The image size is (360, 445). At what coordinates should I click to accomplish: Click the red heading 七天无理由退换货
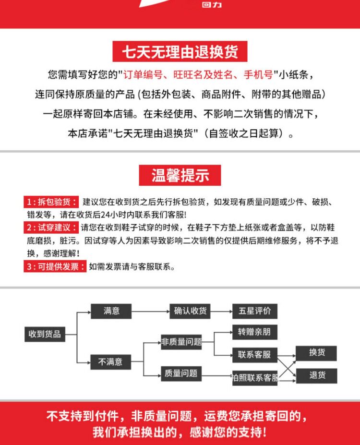(x=180, y=51)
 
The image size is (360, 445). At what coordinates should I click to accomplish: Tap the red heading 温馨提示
(x=180, y=175)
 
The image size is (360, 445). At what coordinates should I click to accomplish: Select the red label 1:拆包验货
(x=52, y=202)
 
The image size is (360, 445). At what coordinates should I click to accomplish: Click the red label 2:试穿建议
(x=52, y=228)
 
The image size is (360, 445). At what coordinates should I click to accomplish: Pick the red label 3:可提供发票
(x=55, y=266)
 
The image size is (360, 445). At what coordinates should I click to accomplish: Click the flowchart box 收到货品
(x=45, y=334)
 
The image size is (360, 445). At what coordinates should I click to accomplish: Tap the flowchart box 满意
(x=111, y=311)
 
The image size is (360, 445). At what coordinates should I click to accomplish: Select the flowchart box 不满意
(x=111, y=361)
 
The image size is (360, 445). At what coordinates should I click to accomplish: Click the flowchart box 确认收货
(x=190, y=311)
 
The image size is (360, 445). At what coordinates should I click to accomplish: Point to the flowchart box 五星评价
(x=255, y=311)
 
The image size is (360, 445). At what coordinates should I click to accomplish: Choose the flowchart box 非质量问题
(x=181, y=342)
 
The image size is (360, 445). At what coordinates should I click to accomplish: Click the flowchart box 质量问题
(x=181, y=373)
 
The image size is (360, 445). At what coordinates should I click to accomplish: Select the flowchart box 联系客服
(x=255, y=355)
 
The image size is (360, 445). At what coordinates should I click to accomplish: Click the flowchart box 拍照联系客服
(x=255, y=378)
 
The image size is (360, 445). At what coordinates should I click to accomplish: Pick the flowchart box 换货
(x=317, y=353)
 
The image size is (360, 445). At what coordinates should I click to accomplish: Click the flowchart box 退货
(x=317, y=375)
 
